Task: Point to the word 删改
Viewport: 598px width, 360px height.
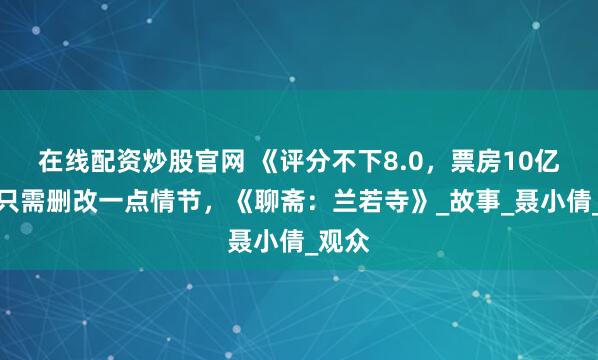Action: [66, 201]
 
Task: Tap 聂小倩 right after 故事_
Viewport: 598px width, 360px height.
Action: [524, 201]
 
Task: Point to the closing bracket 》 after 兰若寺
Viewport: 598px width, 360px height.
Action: [372, 201]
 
